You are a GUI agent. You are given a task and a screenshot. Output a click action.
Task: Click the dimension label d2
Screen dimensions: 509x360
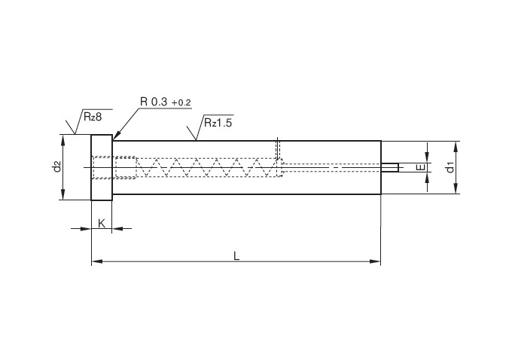click(x=56, y=166)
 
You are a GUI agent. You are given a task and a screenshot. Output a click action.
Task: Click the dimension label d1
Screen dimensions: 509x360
click(x=450, y=168)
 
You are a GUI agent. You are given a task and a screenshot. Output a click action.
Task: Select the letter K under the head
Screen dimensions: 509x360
click(x=102, y=224)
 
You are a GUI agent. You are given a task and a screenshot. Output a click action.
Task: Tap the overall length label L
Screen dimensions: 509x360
click(x=236, y=256)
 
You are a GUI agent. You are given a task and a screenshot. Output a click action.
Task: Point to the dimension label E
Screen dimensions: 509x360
click(x=421, y=167)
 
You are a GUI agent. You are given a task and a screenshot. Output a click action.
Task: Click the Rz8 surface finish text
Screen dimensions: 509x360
click(x=93, y=117)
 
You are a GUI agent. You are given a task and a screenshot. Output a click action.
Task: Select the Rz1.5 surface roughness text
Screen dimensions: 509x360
click(x=218, y=123)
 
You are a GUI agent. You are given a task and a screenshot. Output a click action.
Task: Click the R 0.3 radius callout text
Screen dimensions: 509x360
click(x=154, y=102)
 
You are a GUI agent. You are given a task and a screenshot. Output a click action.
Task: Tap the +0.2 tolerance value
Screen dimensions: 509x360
click(x=181, y=103)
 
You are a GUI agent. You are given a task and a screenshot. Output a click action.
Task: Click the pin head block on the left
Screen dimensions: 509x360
click(x=102, y=167)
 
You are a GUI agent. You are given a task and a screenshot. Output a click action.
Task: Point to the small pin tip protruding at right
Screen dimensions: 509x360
click(x=390, y=167)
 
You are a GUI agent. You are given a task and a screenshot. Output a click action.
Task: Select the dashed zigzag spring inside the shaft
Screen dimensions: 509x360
click(x=207, y=167)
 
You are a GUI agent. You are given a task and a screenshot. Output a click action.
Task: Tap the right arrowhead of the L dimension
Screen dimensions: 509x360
click(x=376, y=261)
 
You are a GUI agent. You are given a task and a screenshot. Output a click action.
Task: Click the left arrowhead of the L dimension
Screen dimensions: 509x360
click(x=97, y=261)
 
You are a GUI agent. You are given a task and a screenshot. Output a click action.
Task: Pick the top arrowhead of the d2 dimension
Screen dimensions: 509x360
click(x=62, y=139)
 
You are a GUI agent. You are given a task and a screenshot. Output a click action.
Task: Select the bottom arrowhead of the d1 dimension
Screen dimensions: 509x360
click(x=456, y=188)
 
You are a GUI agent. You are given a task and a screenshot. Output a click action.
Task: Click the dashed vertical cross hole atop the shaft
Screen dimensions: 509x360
click(x=278, y=148)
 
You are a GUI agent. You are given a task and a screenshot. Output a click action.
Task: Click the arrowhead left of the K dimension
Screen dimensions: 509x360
click(x=85, y=228)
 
